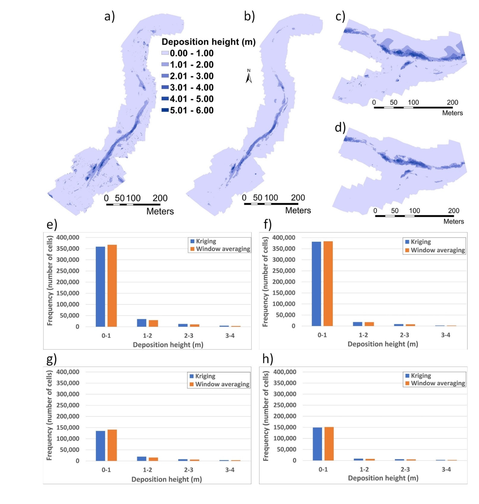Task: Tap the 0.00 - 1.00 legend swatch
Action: [165, 53]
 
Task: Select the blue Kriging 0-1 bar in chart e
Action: [100, 286]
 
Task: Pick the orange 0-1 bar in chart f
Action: [328, 283]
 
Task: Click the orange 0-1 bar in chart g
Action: [112, 445]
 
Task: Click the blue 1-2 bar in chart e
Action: [141, 323]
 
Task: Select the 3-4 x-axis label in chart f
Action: [446, 335]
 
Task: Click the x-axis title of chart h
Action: [383, 478]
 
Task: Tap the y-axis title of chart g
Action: [49, 416]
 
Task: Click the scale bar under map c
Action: [413, 108]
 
